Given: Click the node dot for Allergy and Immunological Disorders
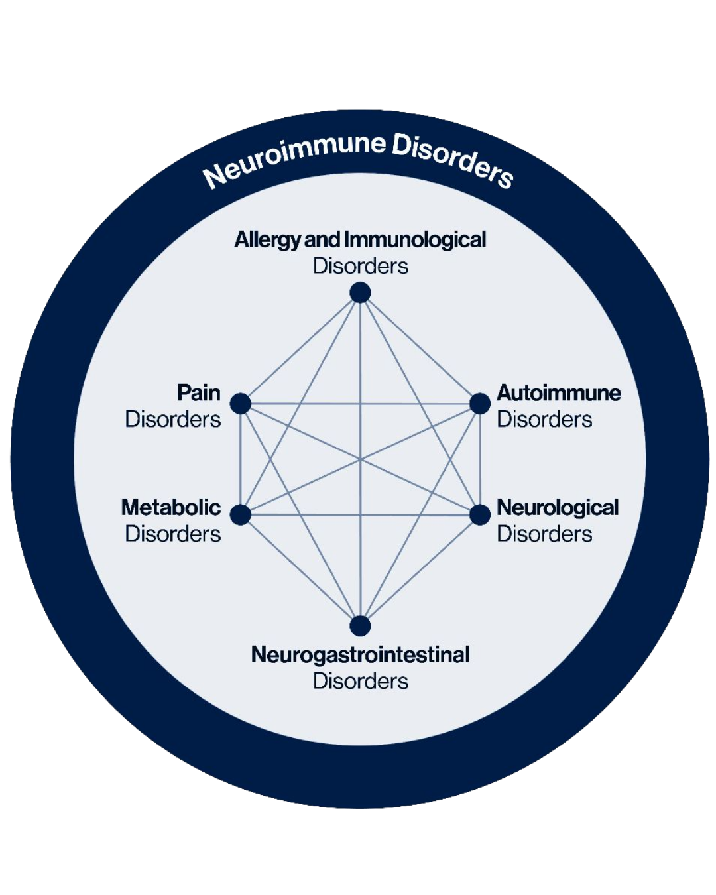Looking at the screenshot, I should click(x=360, y=292).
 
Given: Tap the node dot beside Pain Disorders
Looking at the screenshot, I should click(x=240, y=403).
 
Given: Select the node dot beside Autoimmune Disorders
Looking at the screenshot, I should click(x=480, y=403).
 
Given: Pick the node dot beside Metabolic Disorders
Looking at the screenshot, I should click(x=240, y=514).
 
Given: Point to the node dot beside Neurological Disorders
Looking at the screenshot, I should click(x=480, y=514).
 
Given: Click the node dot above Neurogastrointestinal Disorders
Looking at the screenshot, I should click(x=360, y=625).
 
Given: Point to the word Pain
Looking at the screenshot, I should click(x=198, y=392).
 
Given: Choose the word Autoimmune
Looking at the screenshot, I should click(x=559, y=392).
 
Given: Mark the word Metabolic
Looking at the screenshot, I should click(x=171, y=507).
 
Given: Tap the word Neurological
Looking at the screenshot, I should click(x=558, y=507).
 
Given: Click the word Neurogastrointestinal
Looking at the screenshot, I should click(x=360, y=654).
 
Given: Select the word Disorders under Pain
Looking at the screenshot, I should click(x=173, y=419).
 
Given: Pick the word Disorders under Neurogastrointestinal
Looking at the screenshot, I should click(x=360, y=681).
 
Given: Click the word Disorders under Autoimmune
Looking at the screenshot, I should click(x=544, y=419).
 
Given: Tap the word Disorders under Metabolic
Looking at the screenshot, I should click(x=173, y=534).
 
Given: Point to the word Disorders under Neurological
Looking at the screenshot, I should click(x=544, y=534).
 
